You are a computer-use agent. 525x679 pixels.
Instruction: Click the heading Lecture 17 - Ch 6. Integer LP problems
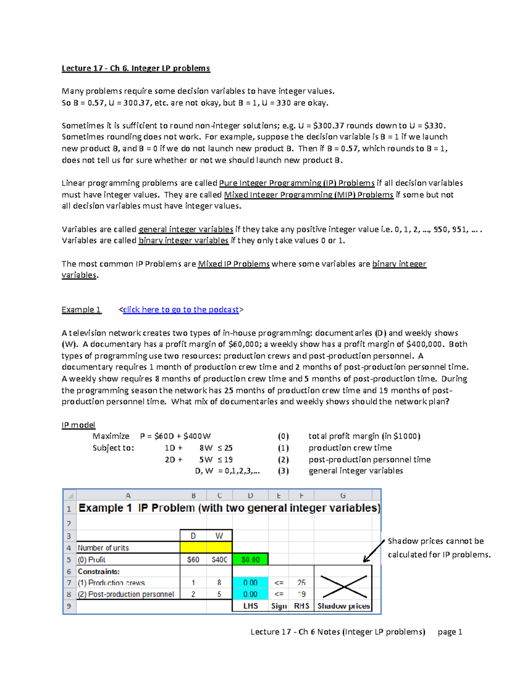tap(136, 68)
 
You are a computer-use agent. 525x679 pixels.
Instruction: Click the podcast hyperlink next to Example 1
tap(181, 310)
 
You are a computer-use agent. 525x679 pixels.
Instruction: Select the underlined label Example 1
tap(81, 310)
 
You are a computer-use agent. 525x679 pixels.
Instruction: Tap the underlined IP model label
tap(78, 425)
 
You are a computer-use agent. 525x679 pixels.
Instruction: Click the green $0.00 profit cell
tap(250, 560)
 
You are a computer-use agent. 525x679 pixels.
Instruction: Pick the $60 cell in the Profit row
tap(193, 560)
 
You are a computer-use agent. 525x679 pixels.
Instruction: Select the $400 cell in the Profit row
tap(219, 560)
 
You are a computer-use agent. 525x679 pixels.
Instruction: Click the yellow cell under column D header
tap(193, 547)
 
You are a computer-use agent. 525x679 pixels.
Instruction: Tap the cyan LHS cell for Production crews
tap(250, 583)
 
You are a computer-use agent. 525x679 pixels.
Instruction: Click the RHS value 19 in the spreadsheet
tap(301, 594)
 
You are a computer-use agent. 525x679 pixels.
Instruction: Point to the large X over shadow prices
tap(343, 587)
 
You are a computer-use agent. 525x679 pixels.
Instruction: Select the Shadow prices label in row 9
tap(343, 606)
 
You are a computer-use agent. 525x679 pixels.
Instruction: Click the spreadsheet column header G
tap(343, 495)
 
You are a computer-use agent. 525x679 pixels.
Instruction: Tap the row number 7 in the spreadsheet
tap(69, 583)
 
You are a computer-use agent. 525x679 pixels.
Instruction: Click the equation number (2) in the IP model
tap(283, 460)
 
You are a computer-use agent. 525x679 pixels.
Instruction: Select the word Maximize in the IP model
tap(111, 436)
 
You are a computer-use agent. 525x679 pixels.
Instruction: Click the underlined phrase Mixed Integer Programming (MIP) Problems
tap(308, 195)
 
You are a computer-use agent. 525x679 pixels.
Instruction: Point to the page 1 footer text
tap(450, 632)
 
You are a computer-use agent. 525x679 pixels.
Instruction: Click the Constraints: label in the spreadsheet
tap(98, 571)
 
